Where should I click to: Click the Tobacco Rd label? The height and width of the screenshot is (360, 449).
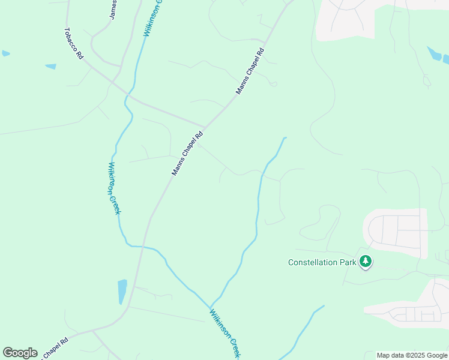74,44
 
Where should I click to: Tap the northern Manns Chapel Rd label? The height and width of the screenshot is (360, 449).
250,71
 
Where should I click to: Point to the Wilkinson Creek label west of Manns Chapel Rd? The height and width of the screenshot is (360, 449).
114,188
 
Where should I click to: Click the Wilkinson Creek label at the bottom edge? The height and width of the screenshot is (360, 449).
224,334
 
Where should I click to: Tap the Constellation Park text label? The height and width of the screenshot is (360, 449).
322,262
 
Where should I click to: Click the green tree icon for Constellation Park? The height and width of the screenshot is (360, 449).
366,262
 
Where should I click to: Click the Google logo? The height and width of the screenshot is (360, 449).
20,353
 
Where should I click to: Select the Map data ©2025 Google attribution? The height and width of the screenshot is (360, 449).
412,355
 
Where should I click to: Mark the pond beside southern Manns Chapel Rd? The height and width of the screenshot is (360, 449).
122,292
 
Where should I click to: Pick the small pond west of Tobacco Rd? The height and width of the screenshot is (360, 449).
50,66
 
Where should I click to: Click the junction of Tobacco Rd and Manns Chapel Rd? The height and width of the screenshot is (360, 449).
204,128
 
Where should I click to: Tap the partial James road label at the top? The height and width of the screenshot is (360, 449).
113,10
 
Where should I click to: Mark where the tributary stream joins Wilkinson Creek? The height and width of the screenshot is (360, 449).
211,306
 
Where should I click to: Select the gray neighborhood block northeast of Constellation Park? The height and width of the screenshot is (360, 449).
396,231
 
